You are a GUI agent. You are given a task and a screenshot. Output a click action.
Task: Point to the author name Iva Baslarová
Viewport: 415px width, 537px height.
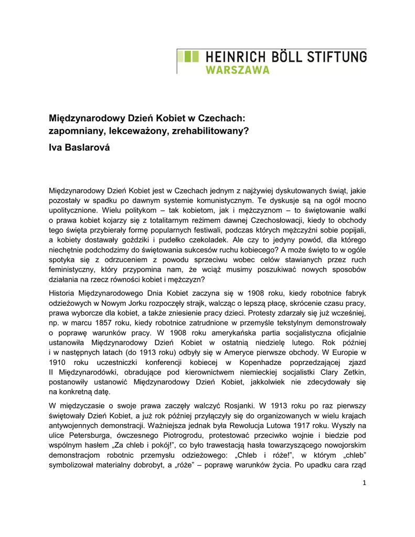click(x=80, y=148)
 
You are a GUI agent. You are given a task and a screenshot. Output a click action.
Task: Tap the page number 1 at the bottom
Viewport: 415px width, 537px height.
click(x=364, y=482)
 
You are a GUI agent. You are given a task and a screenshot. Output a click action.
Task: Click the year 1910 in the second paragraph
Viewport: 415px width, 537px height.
click(x=57, y=362)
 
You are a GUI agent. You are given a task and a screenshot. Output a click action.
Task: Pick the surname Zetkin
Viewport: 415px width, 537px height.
click(x=353, y=372)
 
